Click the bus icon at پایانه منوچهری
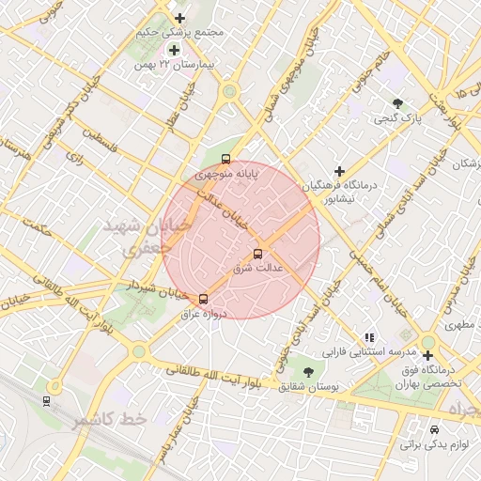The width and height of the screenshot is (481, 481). pyautogui.click(x=225, y=159)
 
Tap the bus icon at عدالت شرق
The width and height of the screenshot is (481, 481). pyautogui.click(x=258, y=254)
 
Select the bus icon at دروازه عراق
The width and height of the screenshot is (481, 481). pyautogui.click(x=203, y=299)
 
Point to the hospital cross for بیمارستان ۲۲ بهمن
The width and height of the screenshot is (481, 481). pyautogui.click(x=174, y=50)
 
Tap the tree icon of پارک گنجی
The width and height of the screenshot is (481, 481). pyautogui.click(x=399, y=104)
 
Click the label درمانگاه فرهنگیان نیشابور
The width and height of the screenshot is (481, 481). pyautogui.click(x=336, y=192)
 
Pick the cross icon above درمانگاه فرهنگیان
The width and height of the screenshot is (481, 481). pyautogui.click(x=339, y=171)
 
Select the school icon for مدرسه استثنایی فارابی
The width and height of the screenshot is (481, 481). pyautogui.click(x=369, y=336)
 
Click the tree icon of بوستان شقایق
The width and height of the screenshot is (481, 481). pyautogui.click(x=308, y=371)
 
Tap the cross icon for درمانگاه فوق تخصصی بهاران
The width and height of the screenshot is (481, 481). pyautogui.click(x=428, y=356)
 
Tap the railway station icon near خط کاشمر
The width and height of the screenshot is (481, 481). pyautogui.click(x=46, y=401)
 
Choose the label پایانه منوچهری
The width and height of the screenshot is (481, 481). pyautogui.click(x=225, y=174)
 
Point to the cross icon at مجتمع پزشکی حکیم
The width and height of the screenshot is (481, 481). pyautogui.click(x=180, y=18)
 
